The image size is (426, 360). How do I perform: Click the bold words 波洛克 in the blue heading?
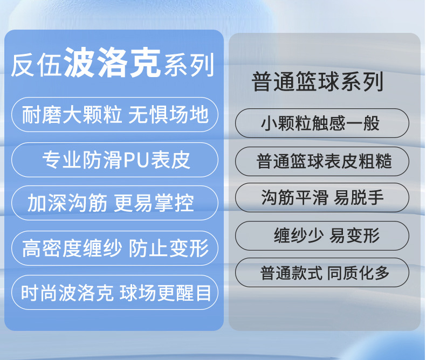click(112, 63)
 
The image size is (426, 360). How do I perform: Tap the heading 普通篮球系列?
click(317, 81)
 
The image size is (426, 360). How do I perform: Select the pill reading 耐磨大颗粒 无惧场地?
click(115, 115)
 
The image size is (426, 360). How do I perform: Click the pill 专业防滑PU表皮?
click(115, 160)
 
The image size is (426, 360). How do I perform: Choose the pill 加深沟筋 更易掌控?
click(115, 203)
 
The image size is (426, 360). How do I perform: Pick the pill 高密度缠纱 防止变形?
click(115, 248)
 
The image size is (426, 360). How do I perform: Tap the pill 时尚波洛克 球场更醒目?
click(115, 293)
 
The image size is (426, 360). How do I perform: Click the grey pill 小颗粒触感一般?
click(322, 123)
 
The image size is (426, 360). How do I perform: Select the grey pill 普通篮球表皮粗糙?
click(322, 161)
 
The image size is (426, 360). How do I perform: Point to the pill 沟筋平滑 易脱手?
click(322, 197)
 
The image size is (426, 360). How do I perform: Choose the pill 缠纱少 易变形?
click(322, 236)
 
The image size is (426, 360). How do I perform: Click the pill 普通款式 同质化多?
click(322, 273)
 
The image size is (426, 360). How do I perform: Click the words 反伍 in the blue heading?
click(36, 66)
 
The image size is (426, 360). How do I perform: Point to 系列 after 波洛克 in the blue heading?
click(189, 65)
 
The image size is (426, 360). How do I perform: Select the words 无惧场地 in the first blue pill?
click(168, 115)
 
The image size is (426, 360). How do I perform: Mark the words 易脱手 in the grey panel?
click(359, 197)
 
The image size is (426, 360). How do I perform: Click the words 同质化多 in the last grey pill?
click(359, 273)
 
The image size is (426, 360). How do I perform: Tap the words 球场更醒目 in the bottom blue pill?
click(165, 293)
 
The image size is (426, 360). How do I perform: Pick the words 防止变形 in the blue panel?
click(168, 248)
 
